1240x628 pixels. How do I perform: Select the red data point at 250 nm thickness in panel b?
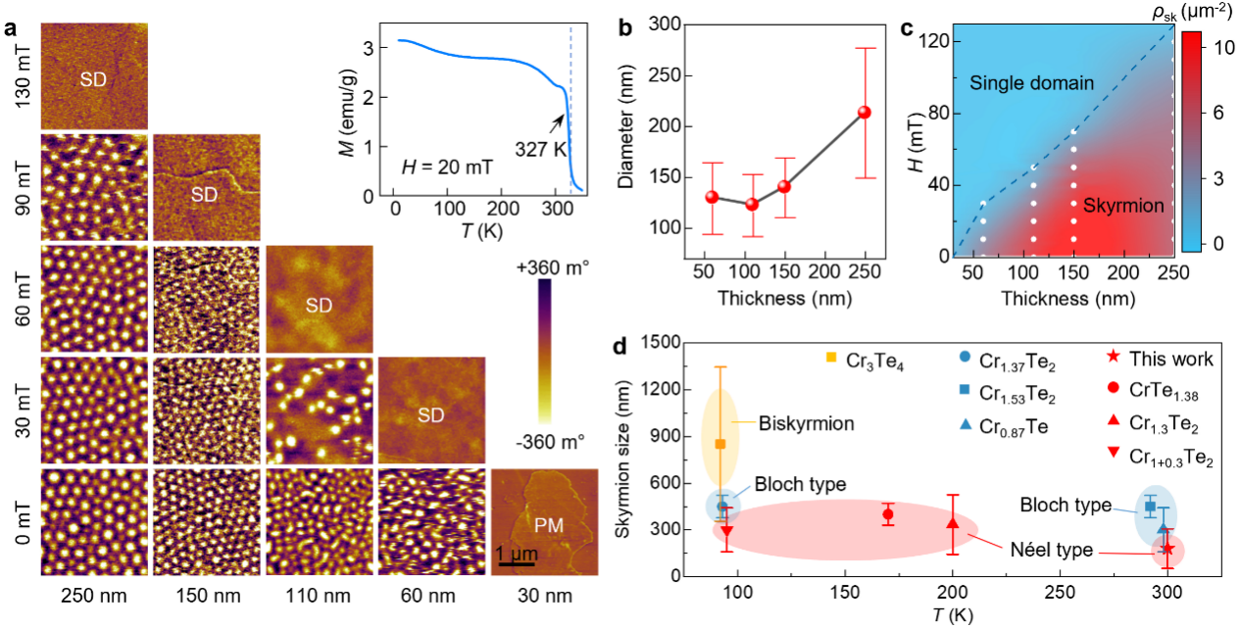pos(865,112)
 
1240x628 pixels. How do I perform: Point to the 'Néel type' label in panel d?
pos(1052,551)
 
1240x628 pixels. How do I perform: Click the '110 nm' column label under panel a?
pos(319,596)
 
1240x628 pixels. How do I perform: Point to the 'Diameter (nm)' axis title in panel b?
pos(638,139)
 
